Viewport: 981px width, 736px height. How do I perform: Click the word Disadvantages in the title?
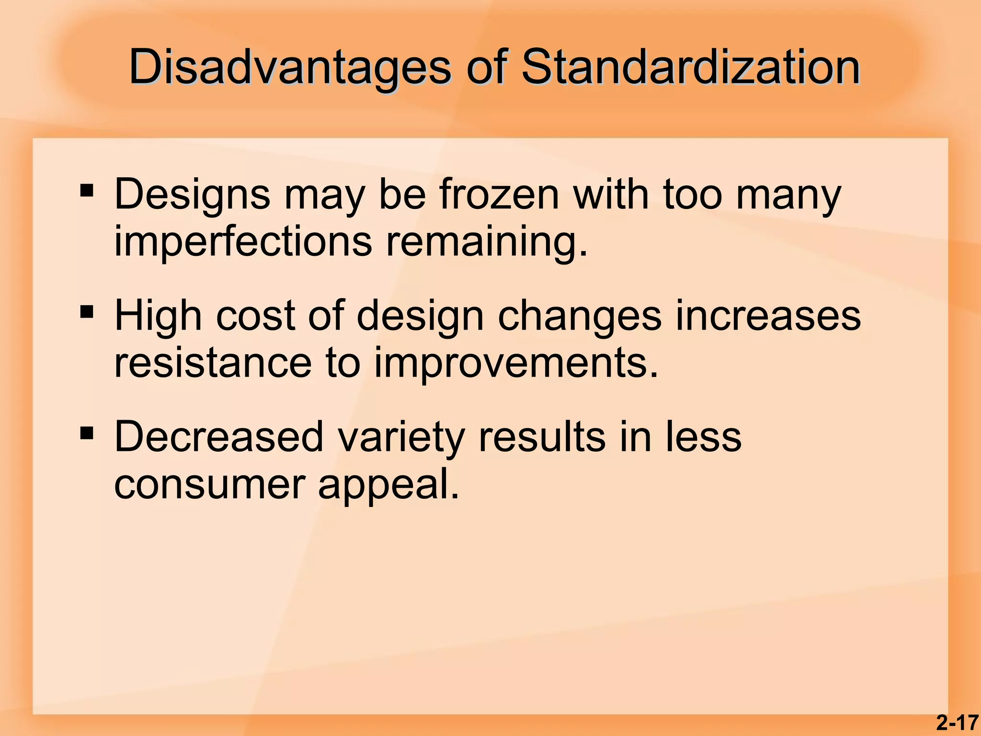point(290,68)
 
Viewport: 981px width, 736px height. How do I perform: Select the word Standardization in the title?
point(690,67)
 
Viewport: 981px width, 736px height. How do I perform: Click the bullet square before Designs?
point(87,191)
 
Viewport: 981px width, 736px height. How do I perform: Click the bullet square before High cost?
point(87,312)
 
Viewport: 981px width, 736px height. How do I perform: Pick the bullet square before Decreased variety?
point(87,434)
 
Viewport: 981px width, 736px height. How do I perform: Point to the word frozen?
point(499,194)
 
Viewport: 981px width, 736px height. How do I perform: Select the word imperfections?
point(243,241)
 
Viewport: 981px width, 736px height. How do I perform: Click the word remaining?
point(487,242)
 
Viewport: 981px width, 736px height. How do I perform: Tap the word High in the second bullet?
point(158,316)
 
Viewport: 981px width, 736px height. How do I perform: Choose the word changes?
point(580,316)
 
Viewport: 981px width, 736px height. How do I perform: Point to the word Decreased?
point(219,437)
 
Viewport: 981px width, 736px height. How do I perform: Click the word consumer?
point(209,485)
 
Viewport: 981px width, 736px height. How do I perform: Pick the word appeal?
point(388,485)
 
